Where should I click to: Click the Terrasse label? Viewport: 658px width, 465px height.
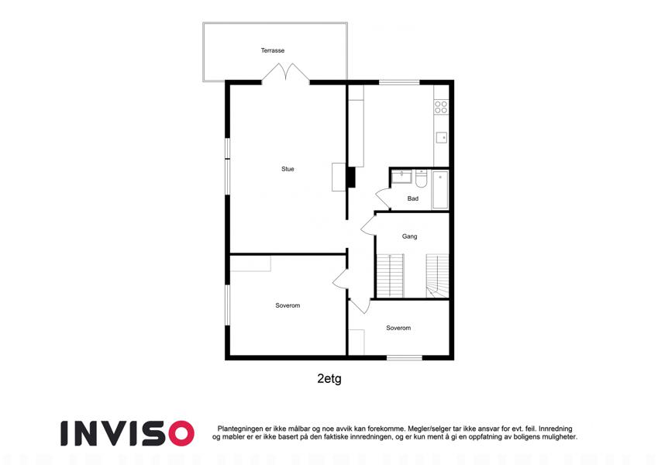[x=273, y=50]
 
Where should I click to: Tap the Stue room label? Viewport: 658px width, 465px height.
[x=288, y=169]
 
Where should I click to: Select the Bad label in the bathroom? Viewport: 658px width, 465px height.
[x=413, y=198]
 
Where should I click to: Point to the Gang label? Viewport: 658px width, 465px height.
[x=409, y=236]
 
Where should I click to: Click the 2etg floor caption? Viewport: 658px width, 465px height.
[x=329, y=378]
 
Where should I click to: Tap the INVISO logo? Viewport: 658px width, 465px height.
[x=127, y=433]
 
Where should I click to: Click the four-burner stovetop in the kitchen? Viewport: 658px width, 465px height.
[x=441, y=107]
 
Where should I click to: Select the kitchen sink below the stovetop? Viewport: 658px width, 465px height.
[x=442, y=138]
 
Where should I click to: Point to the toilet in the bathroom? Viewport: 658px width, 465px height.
[x=421, y=178]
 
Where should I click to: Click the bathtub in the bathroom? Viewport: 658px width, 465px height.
[x=440, y=190]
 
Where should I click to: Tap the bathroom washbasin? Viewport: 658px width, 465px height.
[x=401, y=176]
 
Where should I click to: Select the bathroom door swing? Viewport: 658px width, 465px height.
[x=383, y=198]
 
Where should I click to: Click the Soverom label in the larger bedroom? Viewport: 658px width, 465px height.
[x=288, y=305]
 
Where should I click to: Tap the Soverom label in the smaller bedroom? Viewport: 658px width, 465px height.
[x=398, y=328]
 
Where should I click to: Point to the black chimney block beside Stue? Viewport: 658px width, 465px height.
[x=351, y=177]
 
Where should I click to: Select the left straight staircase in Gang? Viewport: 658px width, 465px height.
[x=391, y=276]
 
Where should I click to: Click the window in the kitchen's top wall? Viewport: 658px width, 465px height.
[x=399, y=82]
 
